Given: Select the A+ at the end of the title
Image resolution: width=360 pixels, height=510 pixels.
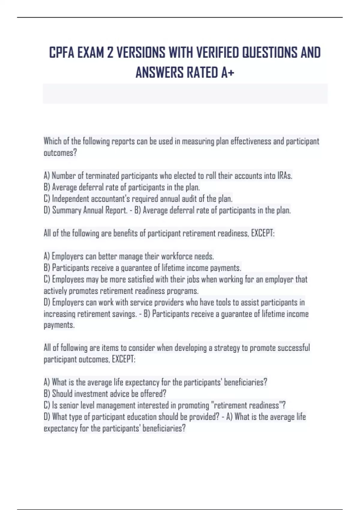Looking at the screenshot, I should [x=228, y=73].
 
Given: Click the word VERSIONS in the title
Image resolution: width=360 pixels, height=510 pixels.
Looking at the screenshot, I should [x=140, y=53].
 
